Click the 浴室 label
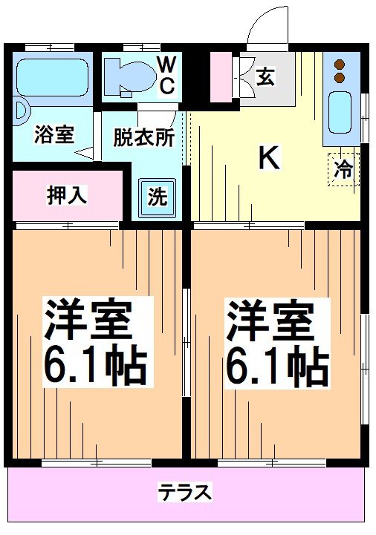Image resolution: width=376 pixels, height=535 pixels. (x=54, y=136)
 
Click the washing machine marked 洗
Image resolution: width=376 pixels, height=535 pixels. (x=158, y=197)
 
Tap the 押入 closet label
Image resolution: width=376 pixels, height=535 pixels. (x=68, y=196)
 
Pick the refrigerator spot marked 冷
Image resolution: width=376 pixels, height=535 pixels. (x=343, y=169)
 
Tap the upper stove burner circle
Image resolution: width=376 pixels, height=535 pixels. (x=341, y=64)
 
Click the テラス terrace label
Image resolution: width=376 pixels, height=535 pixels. (x=184, y=492)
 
